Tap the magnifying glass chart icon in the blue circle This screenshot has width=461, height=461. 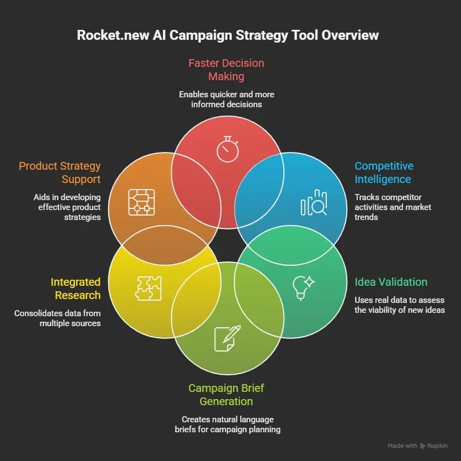tap(314, 202)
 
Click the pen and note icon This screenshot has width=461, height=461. tap(227, 338)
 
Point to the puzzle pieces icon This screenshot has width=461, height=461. tap(148, 288)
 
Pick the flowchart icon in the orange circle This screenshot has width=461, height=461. tap(141, 202)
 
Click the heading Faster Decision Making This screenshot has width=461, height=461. tap(226, 70)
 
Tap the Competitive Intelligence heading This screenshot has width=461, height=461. tap(384, 172)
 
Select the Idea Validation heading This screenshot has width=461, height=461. tap(391, 282)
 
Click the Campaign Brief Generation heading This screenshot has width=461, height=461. tap(226, 395)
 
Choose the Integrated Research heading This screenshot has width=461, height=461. tap(76, 289)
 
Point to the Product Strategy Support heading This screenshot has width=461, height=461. tap(60, 172)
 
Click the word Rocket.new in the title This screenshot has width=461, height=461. tap(113, 35)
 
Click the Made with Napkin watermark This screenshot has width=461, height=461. tap(417, 446)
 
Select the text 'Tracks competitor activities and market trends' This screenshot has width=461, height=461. tap(393, 207)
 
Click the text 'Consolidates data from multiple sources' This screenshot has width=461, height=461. tap(57, 318)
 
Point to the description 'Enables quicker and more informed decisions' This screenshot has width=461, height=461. tap(226, 99)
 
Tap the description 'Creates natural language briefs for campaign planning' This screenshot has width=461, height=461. tap(227, 424)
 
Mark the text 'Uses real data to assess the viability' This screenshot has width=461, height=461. tap(400, 305)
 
